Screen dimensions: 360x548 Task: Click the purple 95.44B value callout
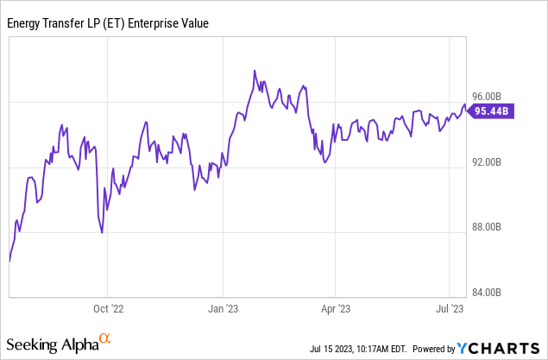click(x=493, y=111)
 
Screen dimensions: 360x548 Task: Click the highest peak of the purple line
click(x=255, y=71)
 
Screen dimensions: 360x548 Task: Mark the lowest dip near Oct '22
click(x=103, y=232)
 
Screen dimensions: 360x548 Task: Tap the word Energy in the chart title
click(x=26, y=23)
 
